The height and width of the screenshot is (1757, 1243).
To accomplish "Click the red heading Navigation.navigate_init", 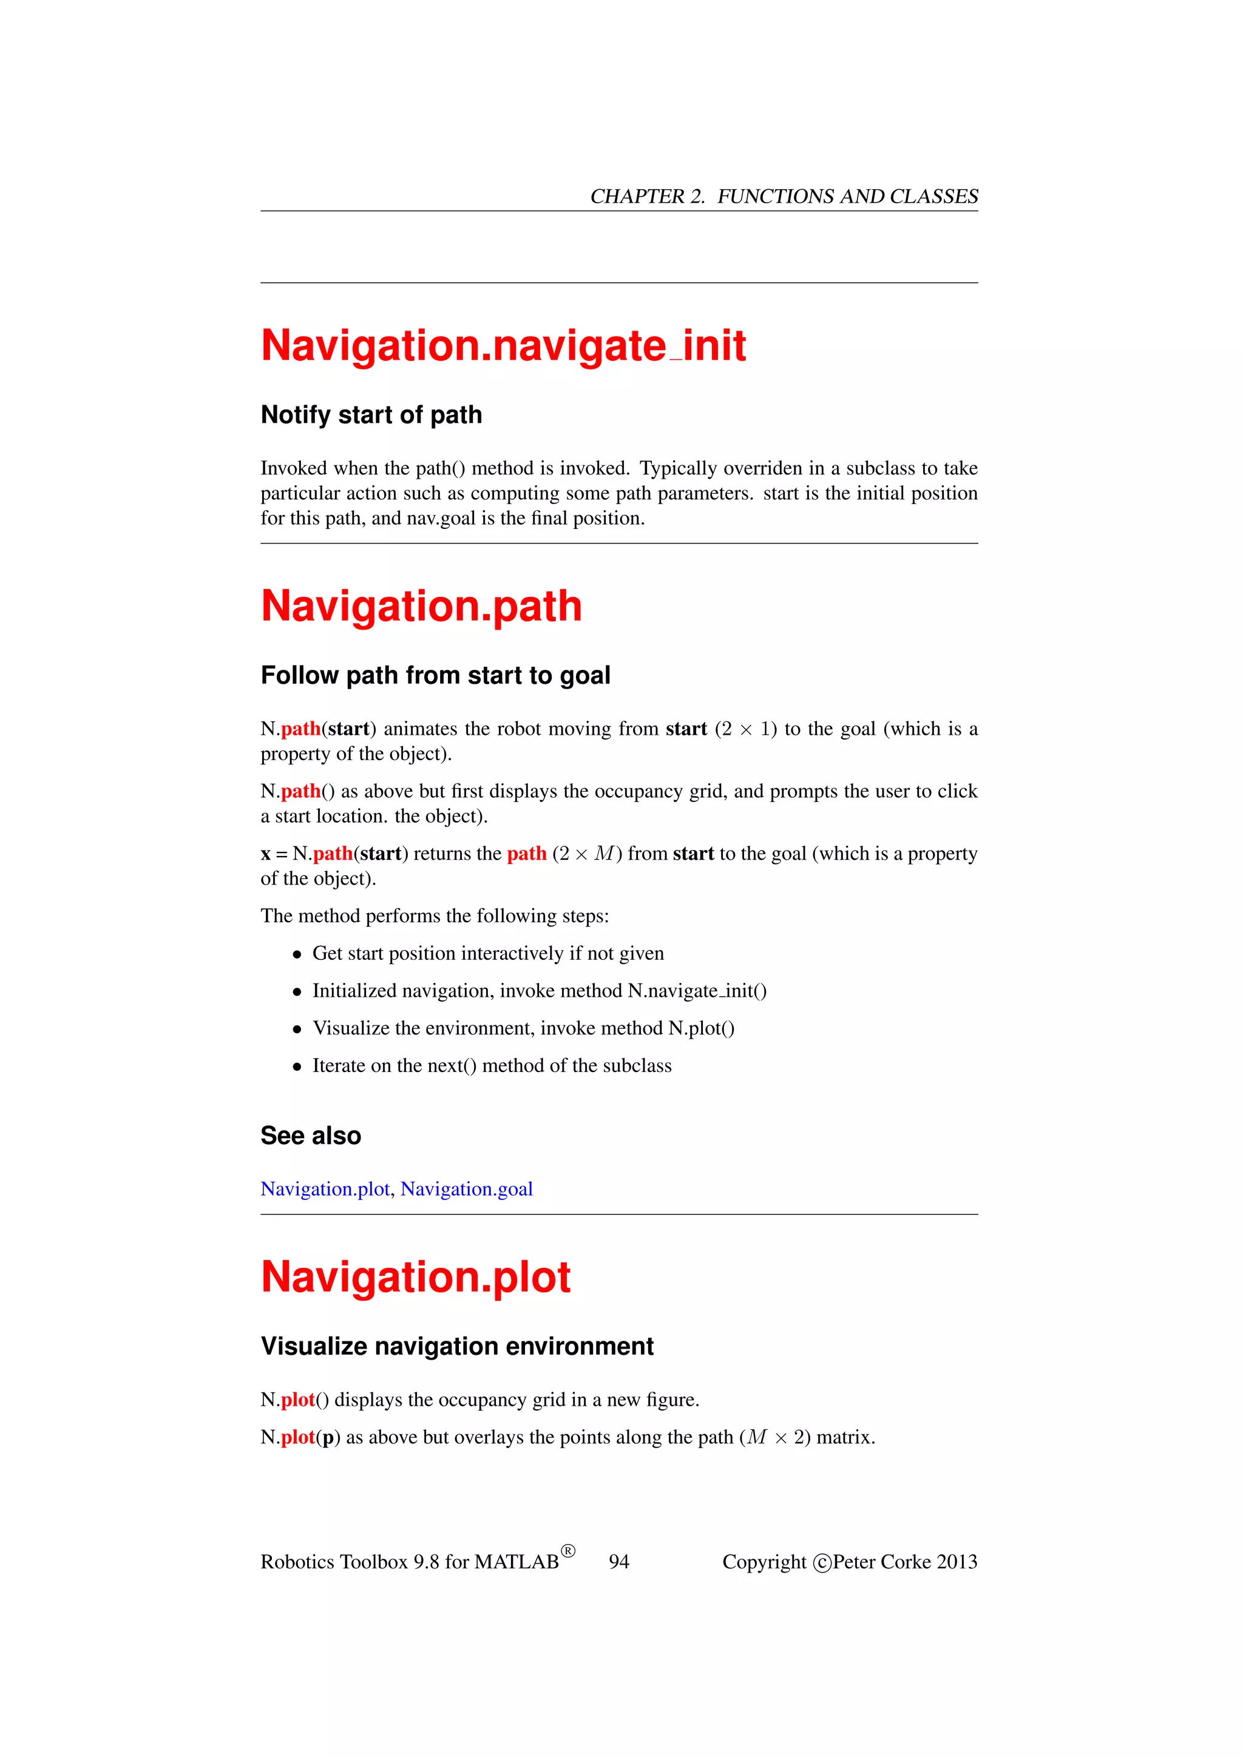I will (503, 346).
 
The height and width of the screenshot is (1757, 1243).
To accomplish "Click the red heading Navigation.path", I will (421, 606).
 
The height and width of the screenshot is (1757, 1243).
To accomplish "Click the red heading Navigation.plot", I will (416, 1277).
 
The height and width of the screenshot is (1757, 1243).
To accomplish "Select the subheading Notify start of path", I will (371, 415).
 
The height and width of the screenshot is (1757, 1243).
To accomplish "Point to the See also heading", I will (310, 1136).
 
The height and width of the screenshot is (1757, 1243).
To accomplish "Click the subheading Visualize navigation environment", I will (457, 1346).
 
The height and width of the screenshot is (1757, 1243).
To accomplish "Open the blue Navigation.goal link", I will (466, 1189).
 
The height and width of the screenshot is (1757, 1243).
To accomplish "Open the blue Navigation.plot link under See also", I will (325, 1189).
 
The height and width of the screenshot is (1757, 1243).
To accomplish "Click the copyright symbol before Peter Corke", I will (822, 1563).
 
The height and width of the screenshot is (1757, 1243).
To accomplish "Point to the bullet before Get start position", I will (297, 955).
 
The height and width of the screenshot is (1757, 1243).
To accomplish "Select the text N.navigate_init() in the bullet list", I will (697, 991).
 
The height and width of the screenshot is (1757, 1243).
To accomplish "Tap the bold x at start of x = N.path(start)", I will (266, 854).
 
